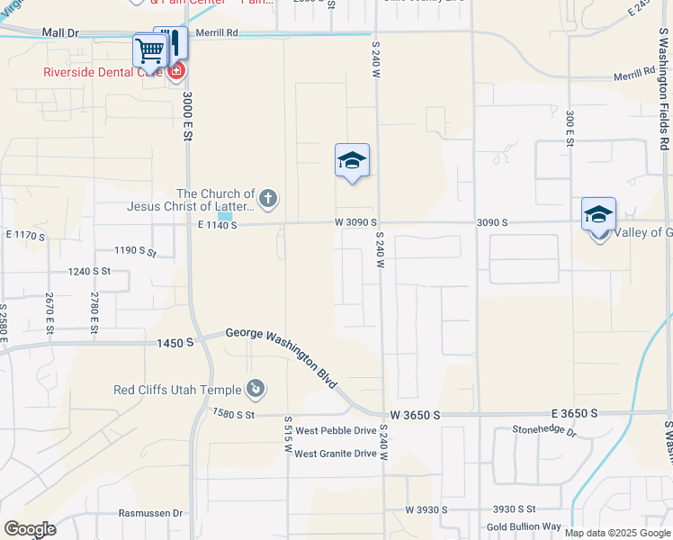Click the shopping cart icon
148,50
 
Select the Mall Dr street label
60,32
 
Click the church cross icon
267,198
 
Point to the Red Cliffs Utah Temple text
177,390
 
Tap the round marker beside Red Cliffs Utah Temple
256,389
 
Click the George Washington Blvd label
282,356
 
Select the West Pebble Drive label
336,431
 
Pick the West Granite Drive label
335,454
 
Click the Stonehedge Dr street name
543,430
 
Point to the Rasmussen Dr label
150,513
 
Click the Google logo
30,529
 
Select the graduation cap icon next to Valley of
598,216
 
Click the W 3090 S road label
355,222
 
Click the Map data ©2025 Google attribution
617,533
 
